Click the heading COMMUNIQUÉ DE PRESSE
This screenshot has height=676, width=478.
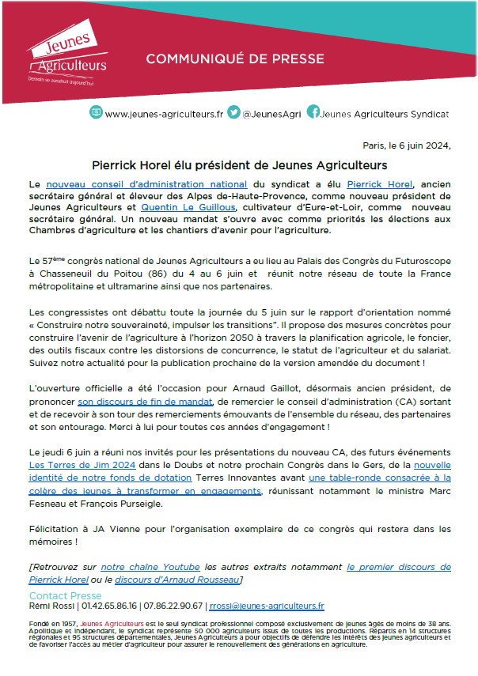point(223,59)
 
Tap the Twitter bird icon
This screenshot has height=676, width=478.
point(234,112)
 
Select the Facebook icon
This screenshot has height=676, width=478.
point(313,112)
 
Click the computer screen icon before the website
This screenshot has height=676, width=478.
point(96,112)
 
